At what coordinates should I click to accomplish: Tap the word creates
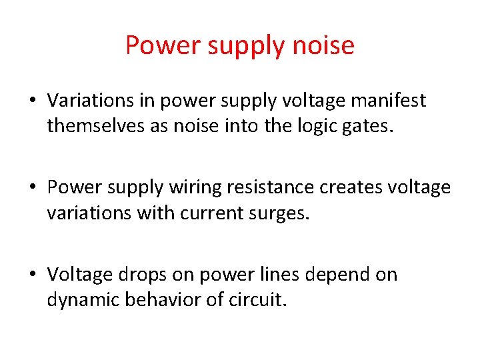coord(350,188)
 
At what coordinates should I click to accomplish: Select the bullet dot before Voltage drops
coord(31,275)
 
